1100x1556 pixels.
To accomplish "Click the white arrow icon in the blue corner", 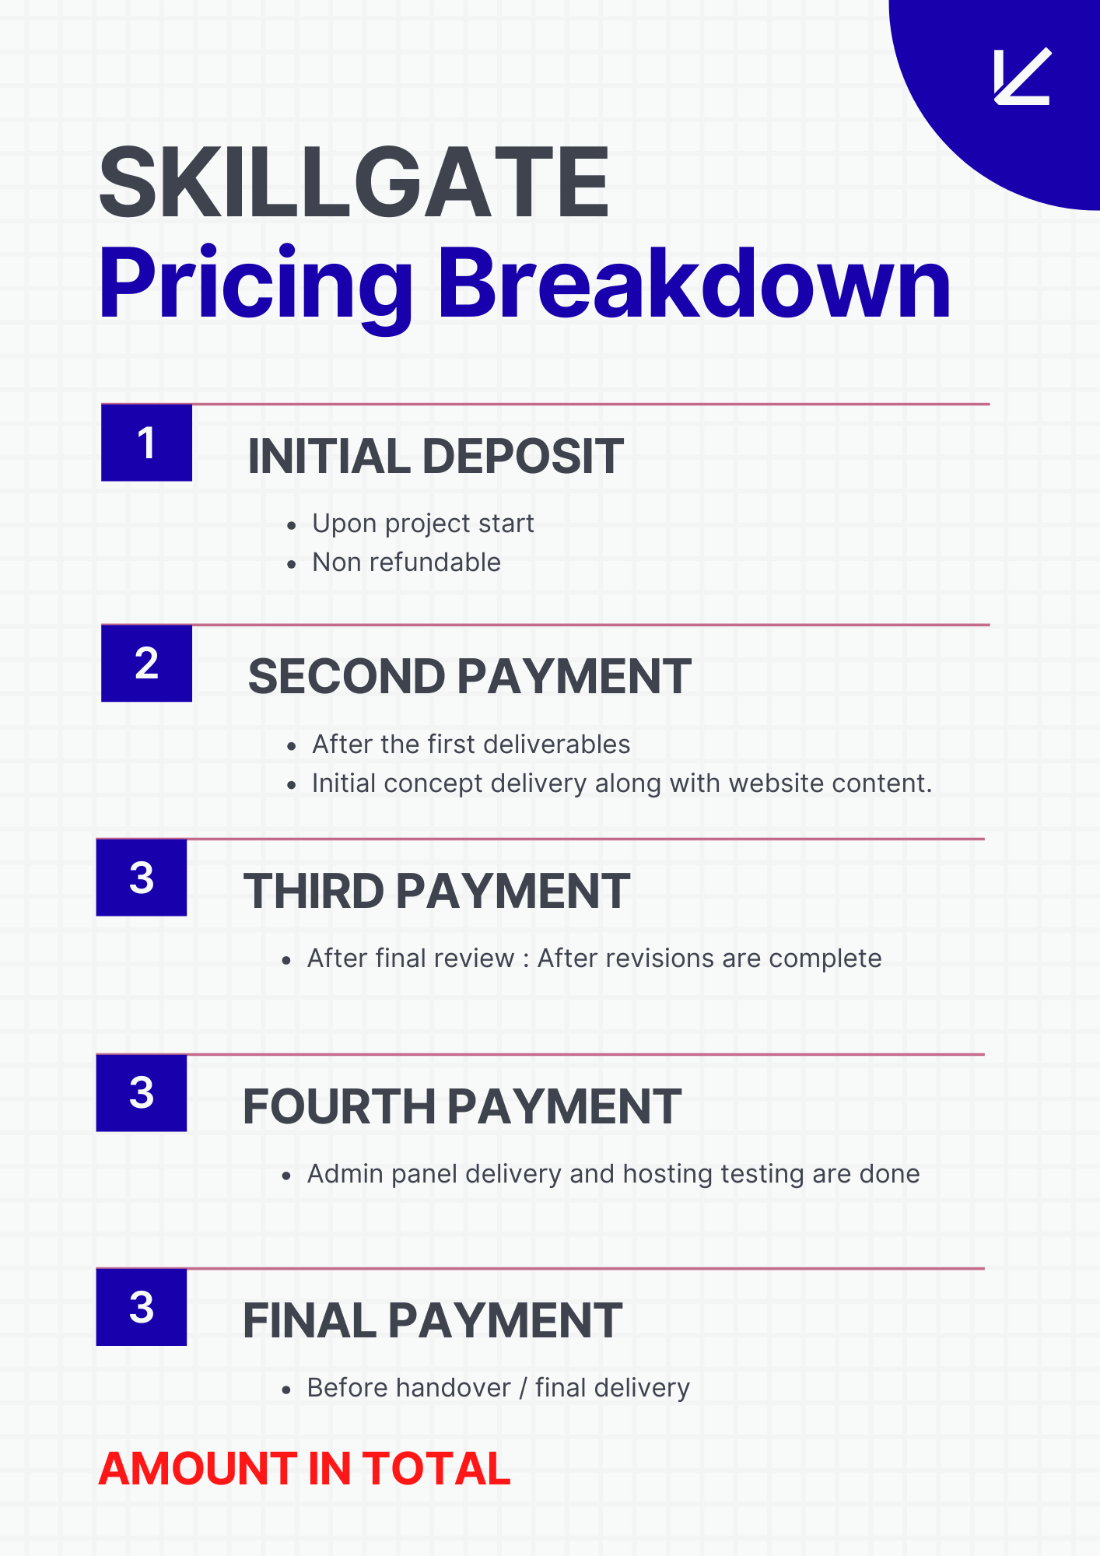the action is click(x=1022, y=76).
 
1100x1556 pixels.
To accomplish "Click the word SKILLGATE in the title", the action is click(x=354, y=183).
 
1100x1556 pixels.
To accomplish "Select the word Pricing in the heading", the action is click(x=256, y=288).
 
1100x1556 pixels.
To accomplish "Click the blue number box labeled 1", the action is click(x=146, y=443).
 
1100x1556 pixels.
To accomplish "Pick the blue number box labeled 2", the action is click(x=146, y=663).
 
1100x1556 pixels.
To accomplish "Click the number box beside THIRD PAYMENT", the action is click(x=142, y=878).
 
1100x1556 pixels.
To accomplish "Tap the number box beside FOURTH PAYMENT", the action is click(x=142, y=1092).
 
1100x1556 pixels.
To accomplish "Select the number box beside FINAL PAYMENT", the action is click(x=142, y=1307).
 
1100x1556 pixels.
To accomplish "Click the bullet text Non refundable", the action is click(x=406, y=562).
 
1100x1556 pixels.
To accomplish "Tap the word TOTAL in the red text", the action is click(x=436, y=1469).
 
